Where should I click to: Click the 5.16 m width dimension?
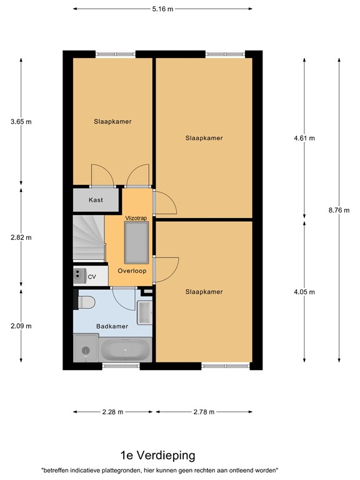click(162, 9)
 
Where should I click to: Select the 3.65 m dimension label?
click(21, 122)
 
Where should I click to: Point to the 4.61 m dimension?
click(304, 138)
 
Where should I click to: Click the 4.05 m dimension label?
click(304, 292)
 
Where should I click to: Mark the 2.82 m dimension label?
click(21, 237)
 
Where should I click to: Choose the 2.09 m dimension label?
click(21, 326)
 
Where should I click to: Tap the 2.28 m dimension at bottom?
click(112, 412)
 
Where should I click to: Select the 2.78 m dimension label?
click(204, 412)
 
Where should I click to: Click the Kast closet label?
click(96, 200)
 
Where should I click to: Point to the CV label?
click(92, 276)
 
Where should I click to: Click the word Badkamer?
click(112, 326)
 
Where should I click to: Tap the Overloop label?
click(131, 271)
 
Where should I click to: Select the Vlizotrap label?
click(136, 217)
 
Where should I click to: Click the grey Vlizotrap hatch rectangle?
click(136, 242)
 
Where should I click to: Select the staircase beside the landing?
click(87, 237)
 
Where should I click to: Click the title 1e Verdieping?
click(158, 455)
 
